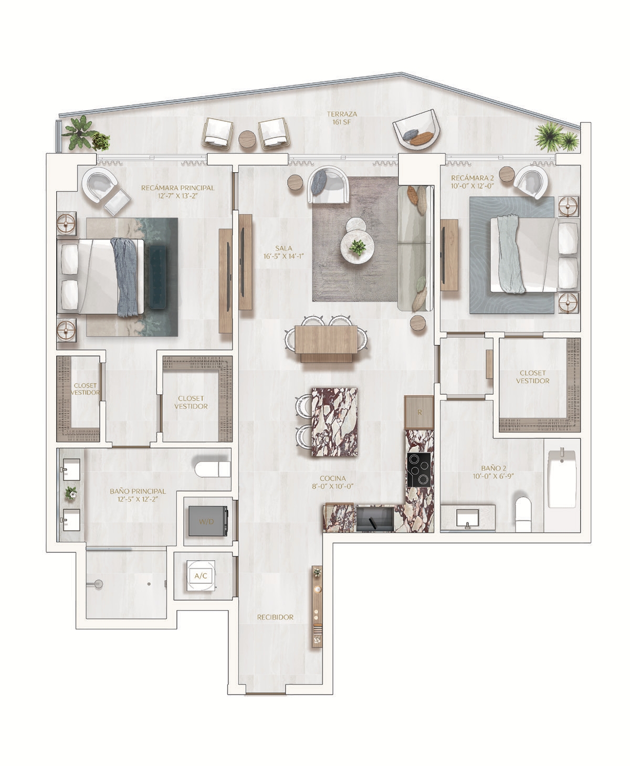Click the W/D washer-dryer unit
pyautogui.click(x=208, y=521)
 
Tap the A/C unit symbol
pyautogui.click(x=201, y=575)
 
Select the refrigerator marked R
pyautogui.click(x=419, y=412)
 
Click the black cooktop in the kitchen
pyautogui.click(x=419, y=469)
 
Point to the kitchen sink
pyautogui.click(x=375, y=519)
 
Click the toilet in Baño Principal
pyautogui.click(x=213, y=469)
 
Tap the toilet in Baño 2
pyautogui.click(x=523, y=513)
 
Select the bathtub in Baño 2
pyautogui.click(x=562, y=478)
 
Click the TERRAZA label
pyautogui.click(x=342, y=114)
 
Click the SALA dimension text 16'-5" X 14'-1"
pyautogui.click(x=283, y=256)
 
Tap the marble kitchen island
pyautogui.click(x=334, y=422)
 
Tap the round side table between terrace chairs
pyautogui.click(x=248, y=139)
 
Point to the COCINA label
pyautogui.click(x=333, y=478)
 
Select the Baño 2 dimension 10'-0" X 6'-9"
pyautogui.click(x=493, y=476)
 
